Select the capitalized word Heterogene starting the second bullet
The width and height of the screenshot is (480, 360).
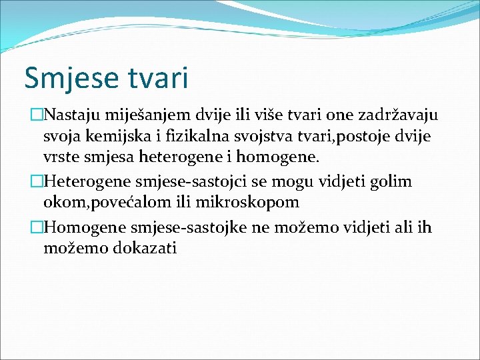point(88,181)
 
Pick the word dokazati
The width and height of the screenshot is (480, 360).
point(143,249)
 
